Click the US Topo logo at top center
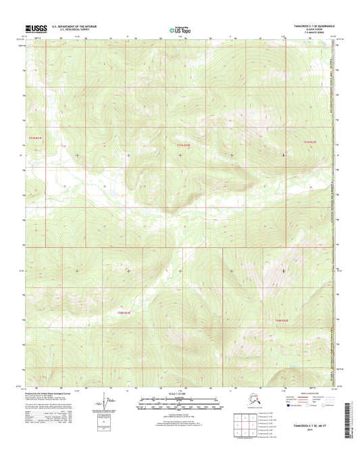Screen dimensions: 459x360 180,29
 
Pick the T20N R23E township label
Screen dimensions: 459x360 281,320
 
